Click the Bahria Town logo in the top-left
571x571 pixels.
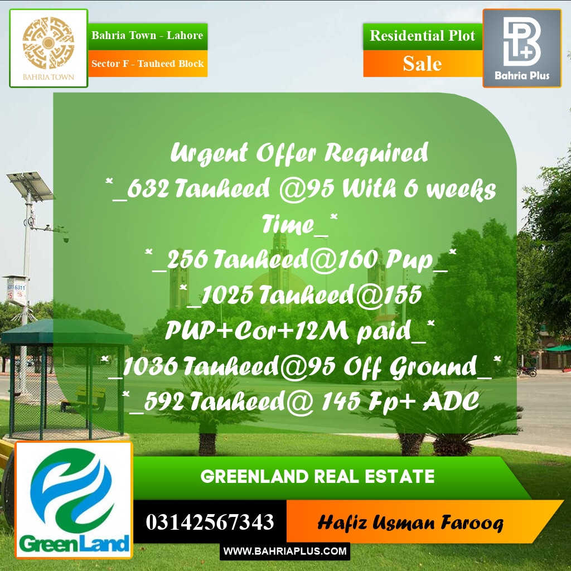tap(49, 48)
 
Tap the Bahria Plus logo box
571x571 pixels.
tap(522, 48)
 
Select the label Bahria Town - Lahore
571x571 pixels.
tap(147, 36)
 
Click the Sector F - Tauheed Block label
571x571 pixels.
tap(147, 64)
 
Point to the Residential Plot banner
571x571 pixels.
tap(422, 36)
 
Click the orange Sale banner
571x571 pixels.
tap(422, 64)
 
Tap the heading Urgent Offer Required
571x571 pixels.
tap(299, 153)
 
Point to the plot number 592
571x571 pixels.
tap(164, 401)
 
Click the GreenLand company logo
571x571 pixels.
tap(74, 500)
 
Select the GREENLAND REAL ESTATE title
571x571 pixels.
tap(317, 477)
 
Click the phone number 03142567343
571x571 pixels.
tap(210, 522)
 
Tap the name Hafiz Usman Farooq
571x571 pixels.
tap(410, 523)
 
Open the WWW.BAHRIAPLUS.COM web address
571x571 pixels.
tap(285, 551)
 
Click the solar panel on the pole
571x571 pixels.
tap(30, 185)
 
